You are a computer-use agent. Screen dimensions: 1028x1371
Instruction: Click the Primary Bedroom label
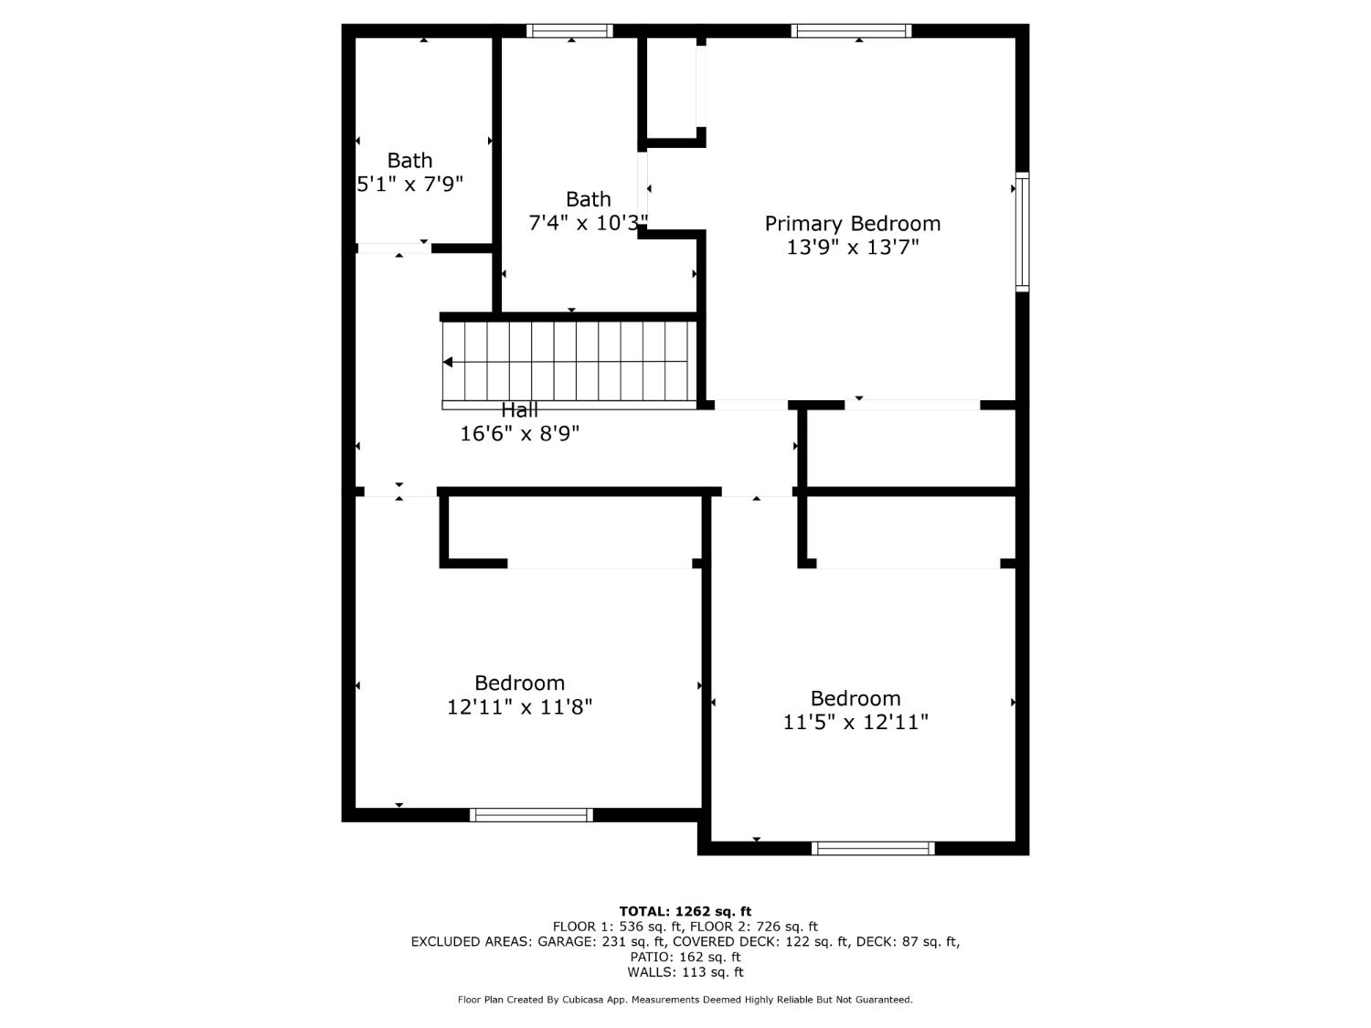[x=852, y=224]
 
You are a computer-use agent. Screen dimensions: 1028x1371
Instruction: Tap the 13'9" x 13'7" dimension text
[x=852, y=248]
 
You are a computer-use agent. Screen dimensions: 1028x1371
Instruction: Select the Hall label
[x=519, y=410]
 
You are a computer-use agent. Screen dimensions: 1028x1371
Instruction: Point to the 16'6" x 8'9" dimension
[x=519, y=434]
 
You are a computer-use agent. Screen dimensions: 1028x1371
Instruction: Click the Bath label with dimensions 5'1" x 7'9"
[x=409, y=161]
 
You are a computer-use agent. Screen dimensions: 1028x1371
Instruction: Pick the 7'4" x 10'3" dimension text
[x=589, y=223]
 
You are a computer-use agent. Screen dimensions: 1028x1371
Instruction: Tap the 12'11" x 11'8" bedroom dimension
[x=519, y=707]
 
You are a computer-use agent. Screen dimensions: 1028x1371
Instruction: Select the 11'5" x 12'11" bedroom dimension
[x=856, y=723]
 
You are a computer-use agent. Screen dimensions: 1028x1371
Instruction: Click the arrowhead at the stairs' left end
[x=448, y=363]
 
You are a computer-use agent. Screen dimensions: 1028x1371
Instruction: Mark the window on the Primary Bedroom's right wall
[x=1023, y=232]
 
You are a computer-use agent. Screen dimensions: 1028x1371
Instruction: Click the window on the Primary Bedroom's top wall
[x=851, y=31]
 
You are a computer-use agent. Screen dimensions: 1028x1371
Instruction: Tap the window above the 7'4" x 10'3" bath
[x=570, y=31]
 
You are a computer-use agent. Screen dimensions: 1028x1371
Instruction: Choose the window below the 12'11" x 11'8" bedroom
[x=531, y=815]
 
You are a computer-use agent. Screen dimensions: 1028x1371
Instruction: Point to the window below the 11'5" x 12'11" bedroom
[x=873, y=848]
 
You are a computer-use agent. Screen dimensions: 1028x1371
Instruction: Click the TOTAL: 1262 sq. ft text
[x=685, y=911]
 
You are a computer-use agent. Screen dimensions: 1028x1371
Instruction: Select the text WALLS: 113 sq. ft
[x=685, y=972]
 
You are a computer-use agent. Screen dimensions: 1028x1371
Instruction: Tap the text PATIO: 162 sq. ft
[x=685, y=957]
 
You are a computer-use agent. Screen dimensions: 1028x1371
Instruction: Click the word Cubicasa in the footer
[x=581, y=1000]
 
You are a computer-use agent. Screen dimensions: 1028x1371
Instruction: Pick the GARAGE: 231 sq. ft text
[x=599, y=942]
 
